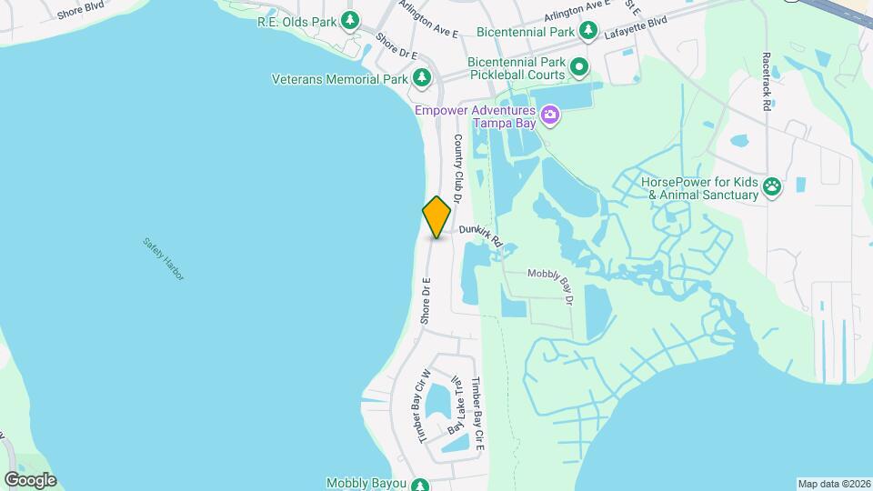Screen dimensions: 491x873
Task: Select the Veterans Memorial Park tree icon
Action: [422, 79]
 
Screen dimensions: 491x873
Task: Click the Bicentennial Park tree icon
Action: [588, 32]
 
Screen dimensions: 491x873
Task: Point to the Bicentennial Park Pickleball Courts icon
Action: [577, 67]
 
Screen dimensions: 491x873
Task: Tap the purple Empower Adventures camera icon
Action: [549, 115]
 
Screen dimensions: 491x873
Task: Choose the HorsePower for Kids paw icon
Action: [772, 188]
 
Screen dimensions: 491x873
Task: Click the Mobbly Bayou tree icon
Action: [419, 484]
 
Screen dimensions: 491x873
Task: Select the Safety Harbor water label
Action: [164, 258]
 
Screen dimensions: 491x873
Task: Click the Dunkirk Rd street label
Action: [481, 236]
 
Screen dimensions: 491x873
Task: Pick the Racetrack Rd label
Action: [767, 81]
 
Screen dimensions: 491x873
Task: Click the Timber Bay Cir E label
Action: [478, 415]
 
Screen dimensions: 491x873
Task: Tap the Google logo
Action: [30, 479]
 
